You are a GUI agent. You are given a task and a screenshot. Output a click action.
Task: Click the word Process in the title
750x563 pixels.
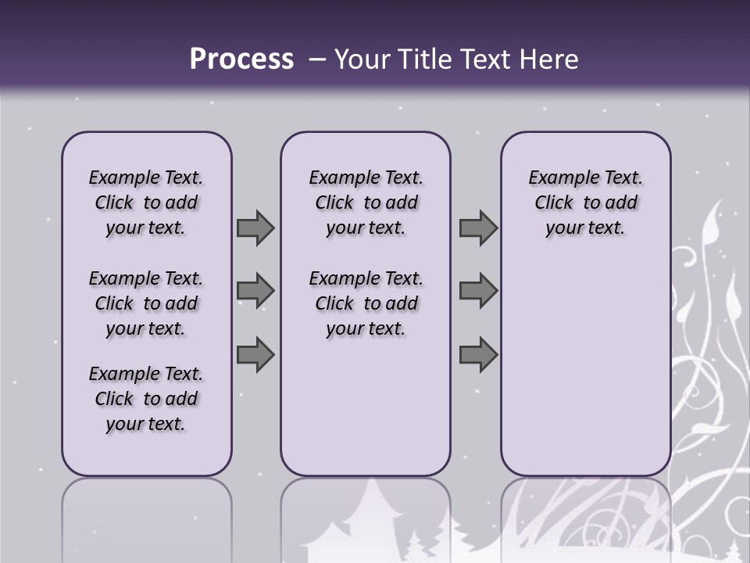tap(241, 59)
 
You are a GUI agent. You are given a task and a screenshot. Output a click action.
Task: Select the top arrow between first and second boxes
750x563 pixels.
tap(255, 228)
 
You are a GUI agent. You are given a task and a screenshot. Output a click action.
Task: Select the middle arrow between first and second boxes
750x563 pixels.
tap(255, 291)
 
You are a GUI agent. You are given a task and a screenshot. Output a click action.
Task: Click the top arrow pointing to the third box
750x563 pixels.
tap(478, 228)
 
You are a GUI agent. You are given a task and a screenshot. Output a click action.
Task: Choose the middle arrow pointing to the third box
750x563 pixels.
tap(478, 291)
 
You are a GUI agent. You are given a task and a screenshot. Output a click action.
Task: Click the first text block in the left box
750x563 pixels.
tap(146, 203)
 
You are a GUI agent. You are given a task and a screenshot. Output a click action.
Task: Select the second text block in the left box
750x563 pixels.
tap(146, 303)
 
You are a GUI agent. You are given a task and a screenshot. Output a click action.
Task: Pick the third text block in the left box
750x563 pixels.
tap(146, 399)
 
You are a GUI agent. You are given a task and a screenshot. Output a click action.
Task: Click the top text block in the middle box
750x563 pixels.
tap(366, 203)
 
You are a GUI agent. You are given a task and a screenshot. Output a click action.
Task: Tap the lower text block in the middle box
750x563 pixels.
tap(366, 303)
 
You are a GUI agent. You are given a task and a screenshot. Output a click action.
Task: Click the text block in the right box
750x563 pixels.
tap(585, 203)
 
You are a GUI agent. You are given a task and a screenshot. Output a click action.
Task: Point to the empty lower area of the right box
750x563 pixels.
tap(585, 368)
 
